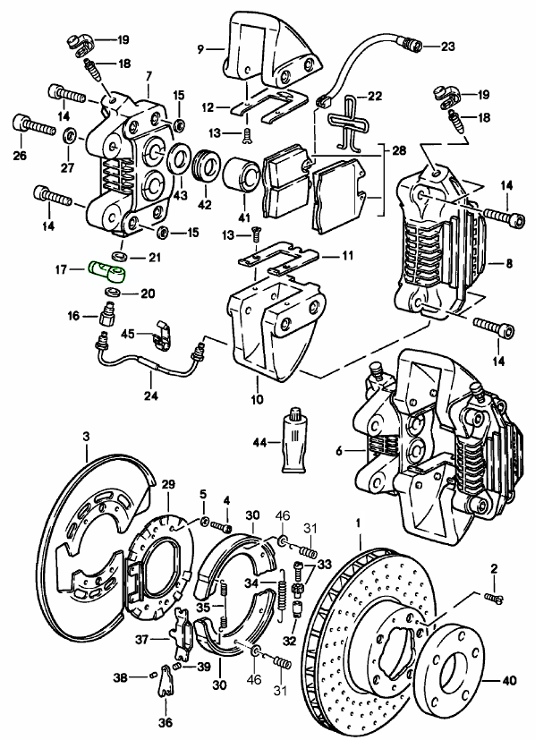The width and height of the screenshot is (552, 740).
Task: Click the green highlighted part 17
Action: point(108,268)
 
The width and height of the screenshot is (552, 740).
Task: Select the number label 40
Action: point(509,681)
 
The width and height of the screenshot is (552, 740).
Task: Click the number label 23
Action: point(447,45)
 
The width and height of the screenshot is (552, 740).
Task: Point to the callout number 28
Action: point(398,151)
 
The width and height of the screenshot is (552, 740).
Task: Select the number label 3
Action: point(86,436)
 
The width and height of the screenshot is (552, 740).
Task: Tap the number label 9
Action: point(200,49)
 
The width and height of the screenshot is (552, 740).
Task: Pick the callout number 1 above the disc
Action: point(358,521)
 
